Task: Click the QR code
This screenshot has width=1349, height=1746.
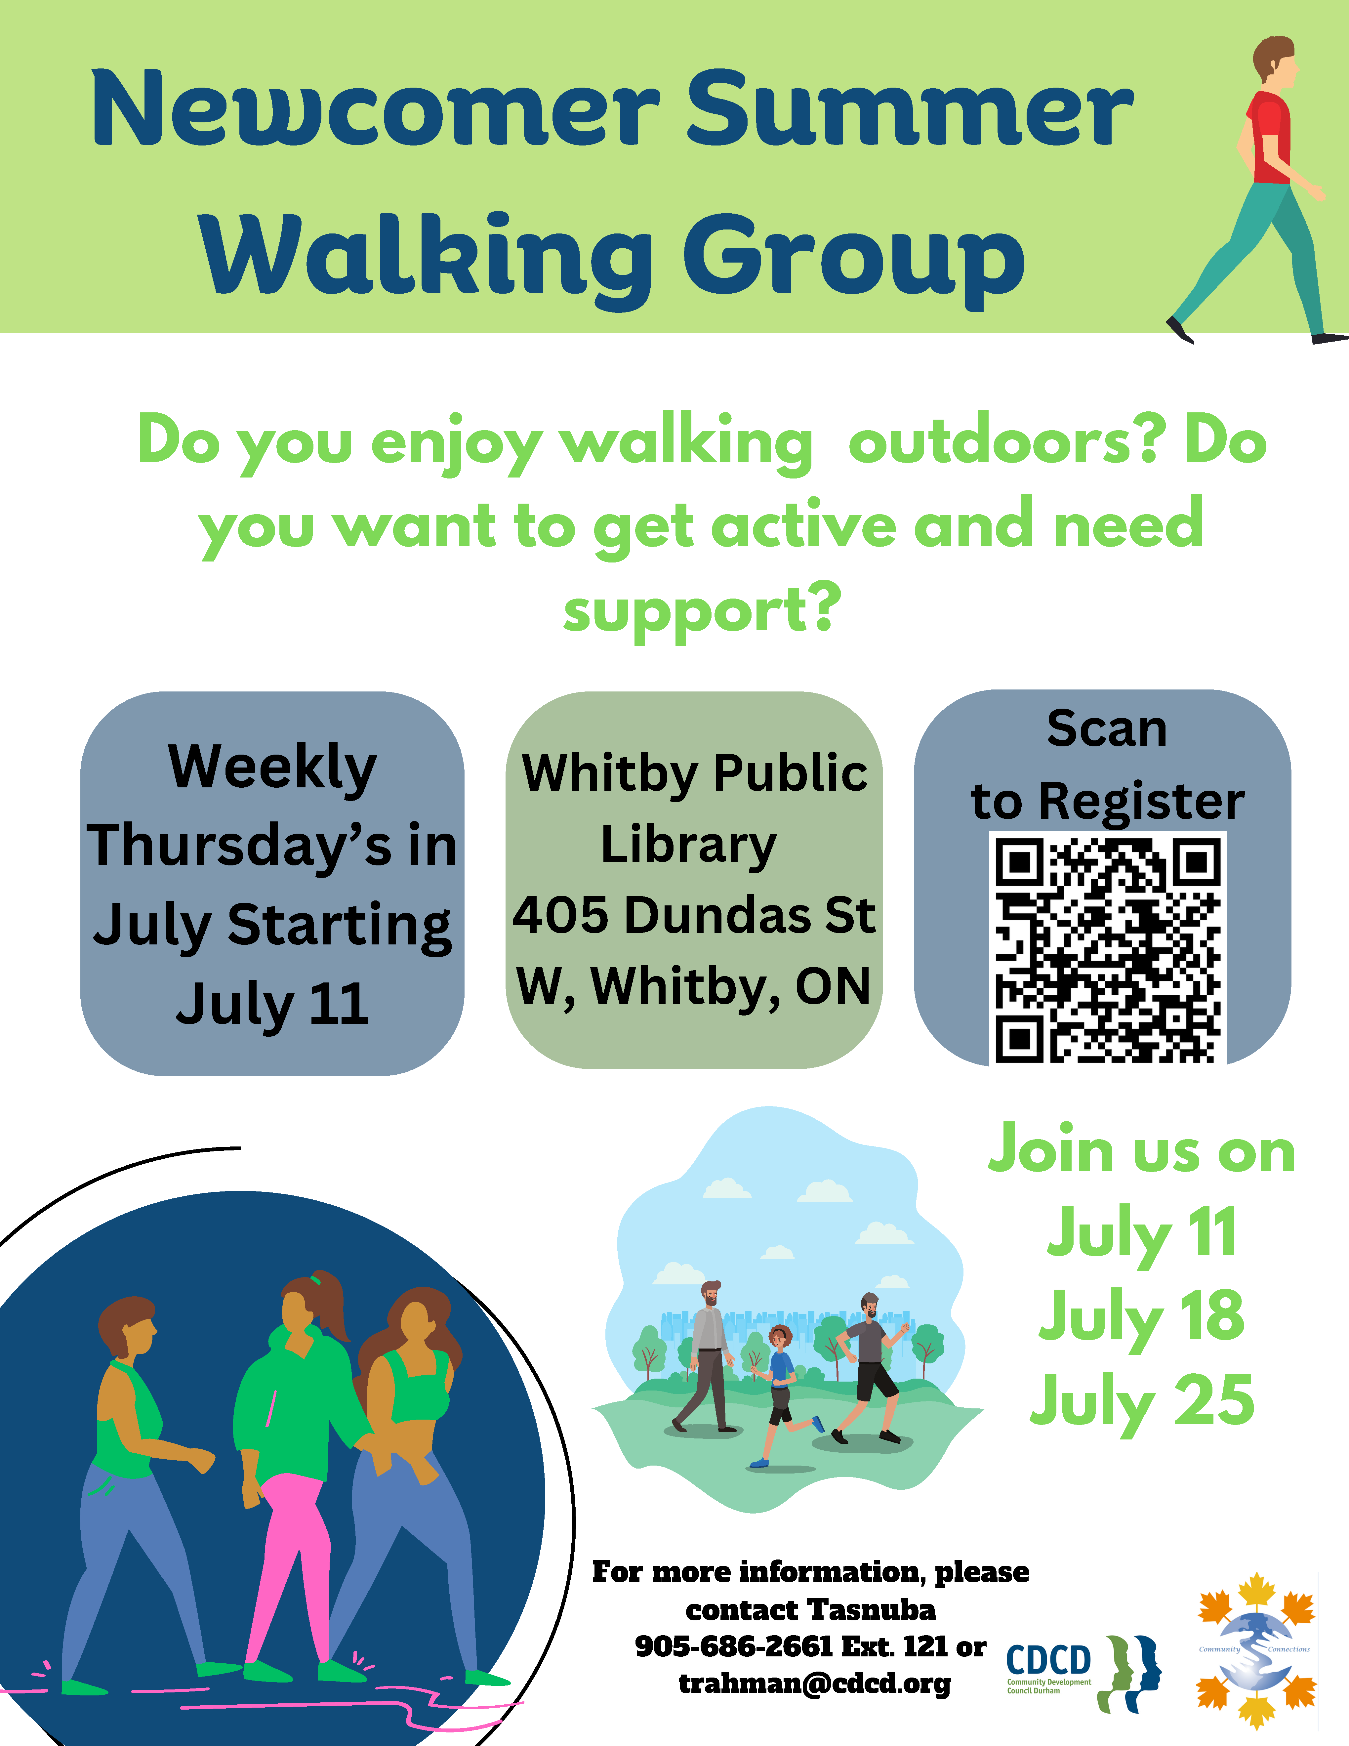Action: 1108,949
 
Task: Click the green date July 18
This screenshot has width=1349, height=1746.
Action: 1141,1317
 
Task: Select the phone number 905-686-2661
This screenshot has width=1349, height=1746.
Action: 734,1647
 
